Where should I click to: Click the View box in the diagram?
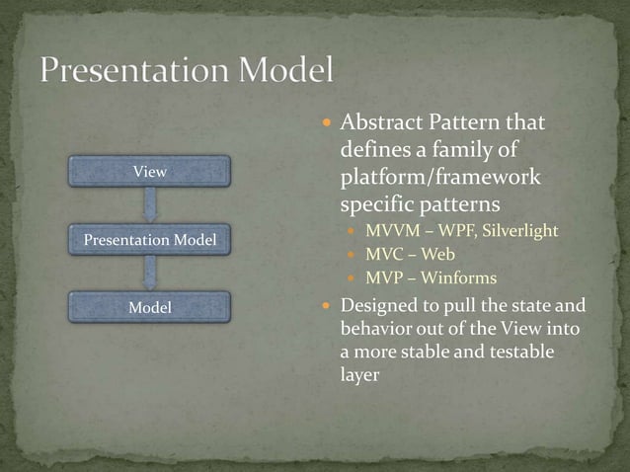click(x=149, y=172)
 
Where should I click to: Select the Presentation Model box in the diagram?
click(x=149, y=240)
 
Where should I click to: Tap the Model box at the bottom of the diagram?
click(x=149, y=308)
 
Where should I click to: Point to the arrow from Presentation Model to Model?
click(x=150, y=274)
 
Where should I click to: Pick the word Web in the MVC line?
click(x=438, y=255)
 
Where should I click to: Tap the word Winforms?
click(x=459, y=278)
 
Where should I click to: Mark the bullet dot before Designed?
click(x=327, y=306)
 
